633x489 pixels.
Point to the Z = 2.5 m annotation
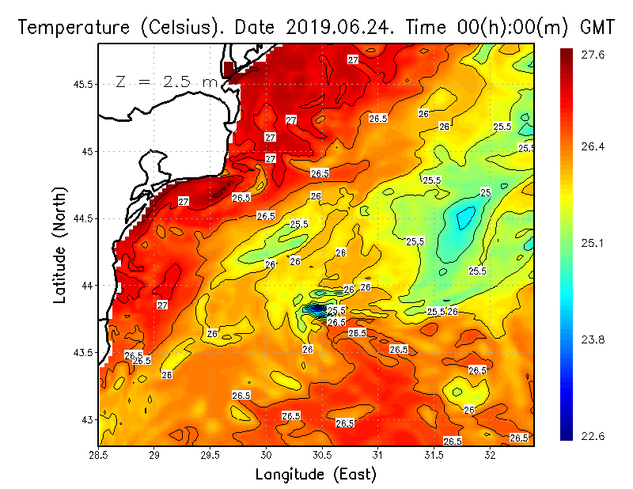click(x=165, y=81)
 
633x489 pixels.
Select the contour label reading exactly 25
click(x=486, y=192)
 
